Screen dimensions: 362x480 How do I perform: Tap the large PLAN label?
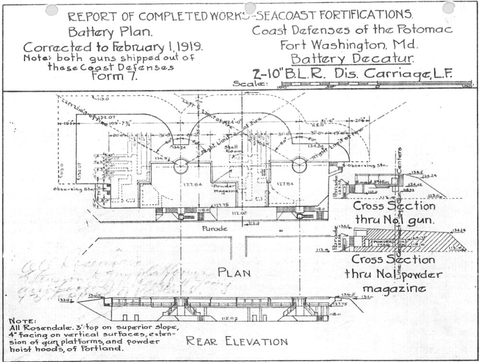click(x=235, y=272)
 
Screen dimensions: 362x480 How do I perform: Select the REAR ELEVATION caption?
click(x=237, y=341)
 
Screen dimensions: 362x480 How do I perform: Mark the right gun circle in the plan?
click(x=299, y=165)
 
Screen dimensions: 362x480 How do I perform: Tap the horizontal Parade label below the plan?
click(x=214, y=228)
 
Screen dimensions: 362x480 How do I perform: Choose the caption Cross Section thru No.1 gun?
click(x=394, y=213)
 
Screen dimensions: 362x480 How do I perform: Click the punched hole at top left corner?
click(x=51, y=10)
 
